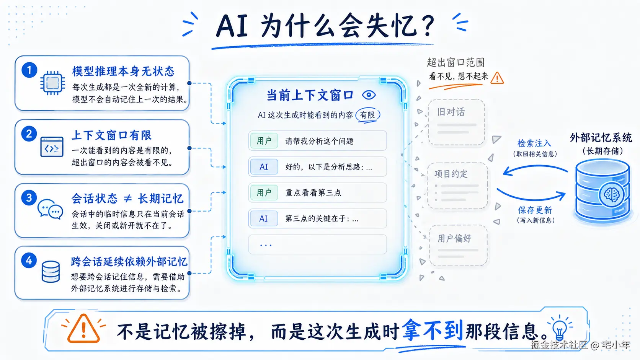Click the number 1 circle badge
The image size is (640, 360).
[x=29, y=70]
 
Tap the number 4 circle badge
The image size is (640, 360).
[x=29, y=261]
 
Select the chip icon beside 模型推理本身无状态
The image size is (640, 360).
[x=52, y=83]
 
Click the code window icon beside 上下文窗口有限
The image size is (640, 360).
[x=52, y=147]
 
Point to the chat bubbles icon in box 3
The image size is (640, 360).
[x=50, y=209]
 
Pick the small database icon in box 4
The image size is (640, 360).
[x=51, y=272]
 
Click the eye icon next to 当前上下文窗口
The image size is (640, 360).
[x=369, y=95]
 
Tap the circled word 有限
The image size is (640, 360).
[x=368, y=115]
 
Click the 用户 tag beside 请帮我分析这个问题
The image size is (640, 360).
[x=264, y=141]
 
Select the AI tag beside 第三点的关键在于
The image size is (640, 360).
[x=264, y=219]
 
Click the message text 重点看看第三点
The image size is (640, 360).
[x=313, y=193]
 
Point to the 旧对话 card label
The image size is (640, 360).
[x=451, y=112]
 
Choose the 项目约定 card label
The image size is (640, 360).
[x=451, y=174]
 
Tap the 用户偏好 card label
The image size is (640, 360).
[x=454, y=238]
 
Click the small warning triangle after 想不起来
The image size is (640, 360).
[x=497, y=78]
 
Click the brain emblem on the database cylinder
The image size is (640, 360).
[x=611, y=195]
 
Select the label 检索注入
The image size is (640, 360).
[x=534, y=143]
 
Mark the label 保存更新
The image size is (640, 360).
[x=535, y=210]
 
